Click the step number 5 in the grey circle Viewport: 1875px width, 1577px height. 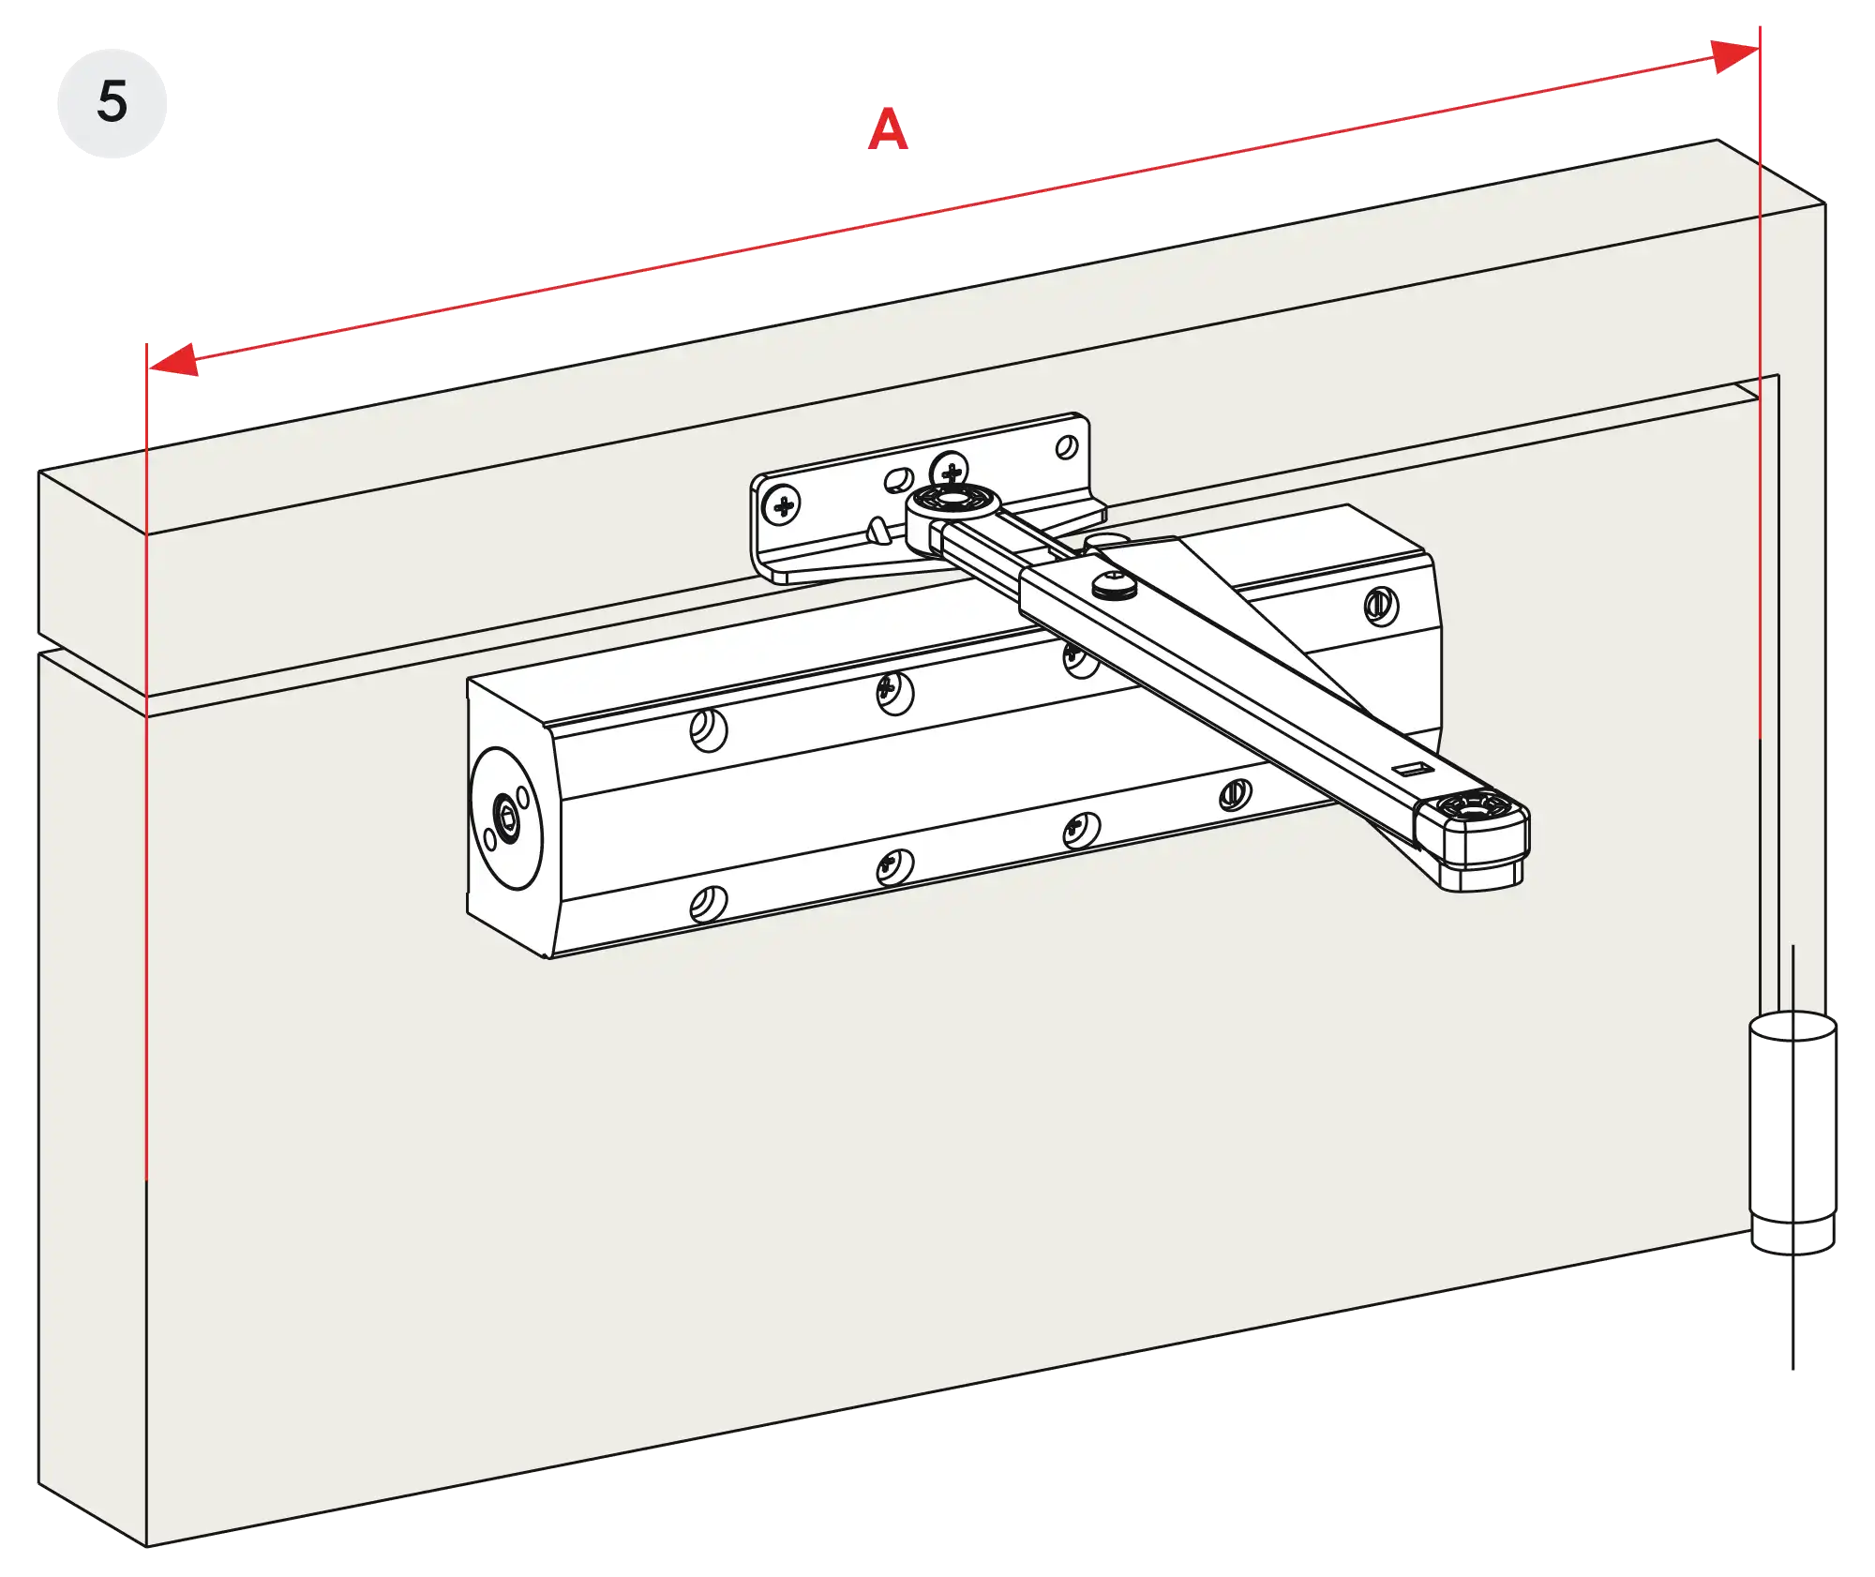(x=112, y=101)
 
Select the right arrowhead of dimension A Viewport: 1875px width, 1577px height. (x=1734, y=56)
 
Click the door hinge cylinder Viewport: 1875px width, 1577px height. (x=1792, y=1131)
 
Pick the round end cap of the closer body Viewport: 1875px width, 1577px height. (x=506, y=818)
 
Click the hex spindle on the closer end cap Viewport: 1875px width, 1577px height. (x=507, y=819)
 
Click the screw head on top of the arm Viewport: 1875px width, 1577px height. (x=1114, y=585)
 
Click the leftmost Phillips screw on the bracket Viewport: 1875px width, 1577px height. (x=781, y=506)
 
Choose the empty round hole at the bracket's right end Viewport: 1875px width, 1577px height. (x=1067, y=447)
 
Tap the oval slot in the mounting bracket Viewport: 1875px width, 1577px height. (x=899, y=480)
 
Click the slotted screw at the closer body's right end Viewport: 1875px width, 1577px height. (x=1380, y=606)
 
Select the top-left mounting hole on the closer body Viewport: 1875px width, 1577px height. (x=708, y=730)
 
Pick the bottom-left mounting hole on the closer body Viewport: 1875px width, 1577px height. (x=708, y=905)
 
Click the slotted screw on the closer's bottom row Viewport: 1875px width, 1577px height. (x=1235, y=795)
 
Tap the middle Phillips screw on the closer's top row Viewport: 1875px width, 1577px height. (x=893, y=693)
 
